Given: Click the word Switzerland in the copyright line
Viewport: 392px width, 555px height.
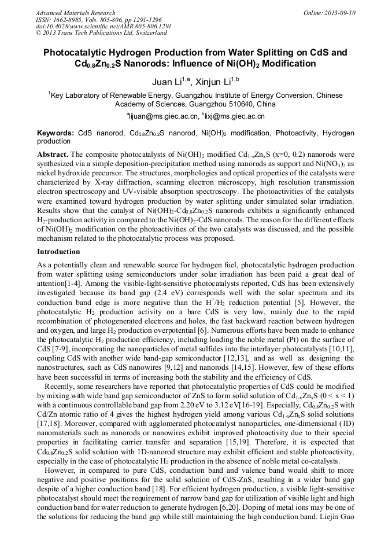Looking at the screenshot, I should (x=136, y=34).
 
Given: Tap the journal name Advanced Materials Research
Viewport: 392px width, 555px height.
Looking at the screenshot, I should (x=75, y=13).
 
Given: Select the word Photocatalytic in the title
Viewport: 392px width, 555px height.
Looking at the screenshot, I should (x=76, y=52).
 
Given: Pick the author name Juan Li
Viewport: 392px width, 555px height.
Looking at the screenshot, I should (x=163, y=82).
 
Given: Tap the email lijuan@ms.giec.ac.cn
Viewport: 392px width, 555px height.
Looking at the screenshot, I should (x=163, y=116).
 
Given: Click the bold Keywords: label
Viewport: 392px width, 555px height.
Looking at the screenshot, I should (x=55, y=133).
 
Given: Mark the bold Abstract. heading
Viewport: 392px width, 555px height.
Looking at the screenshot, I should (x=53, y=155).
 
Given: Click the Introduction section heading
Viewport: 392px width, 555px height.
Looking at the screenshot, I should (x=58, y=252).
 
